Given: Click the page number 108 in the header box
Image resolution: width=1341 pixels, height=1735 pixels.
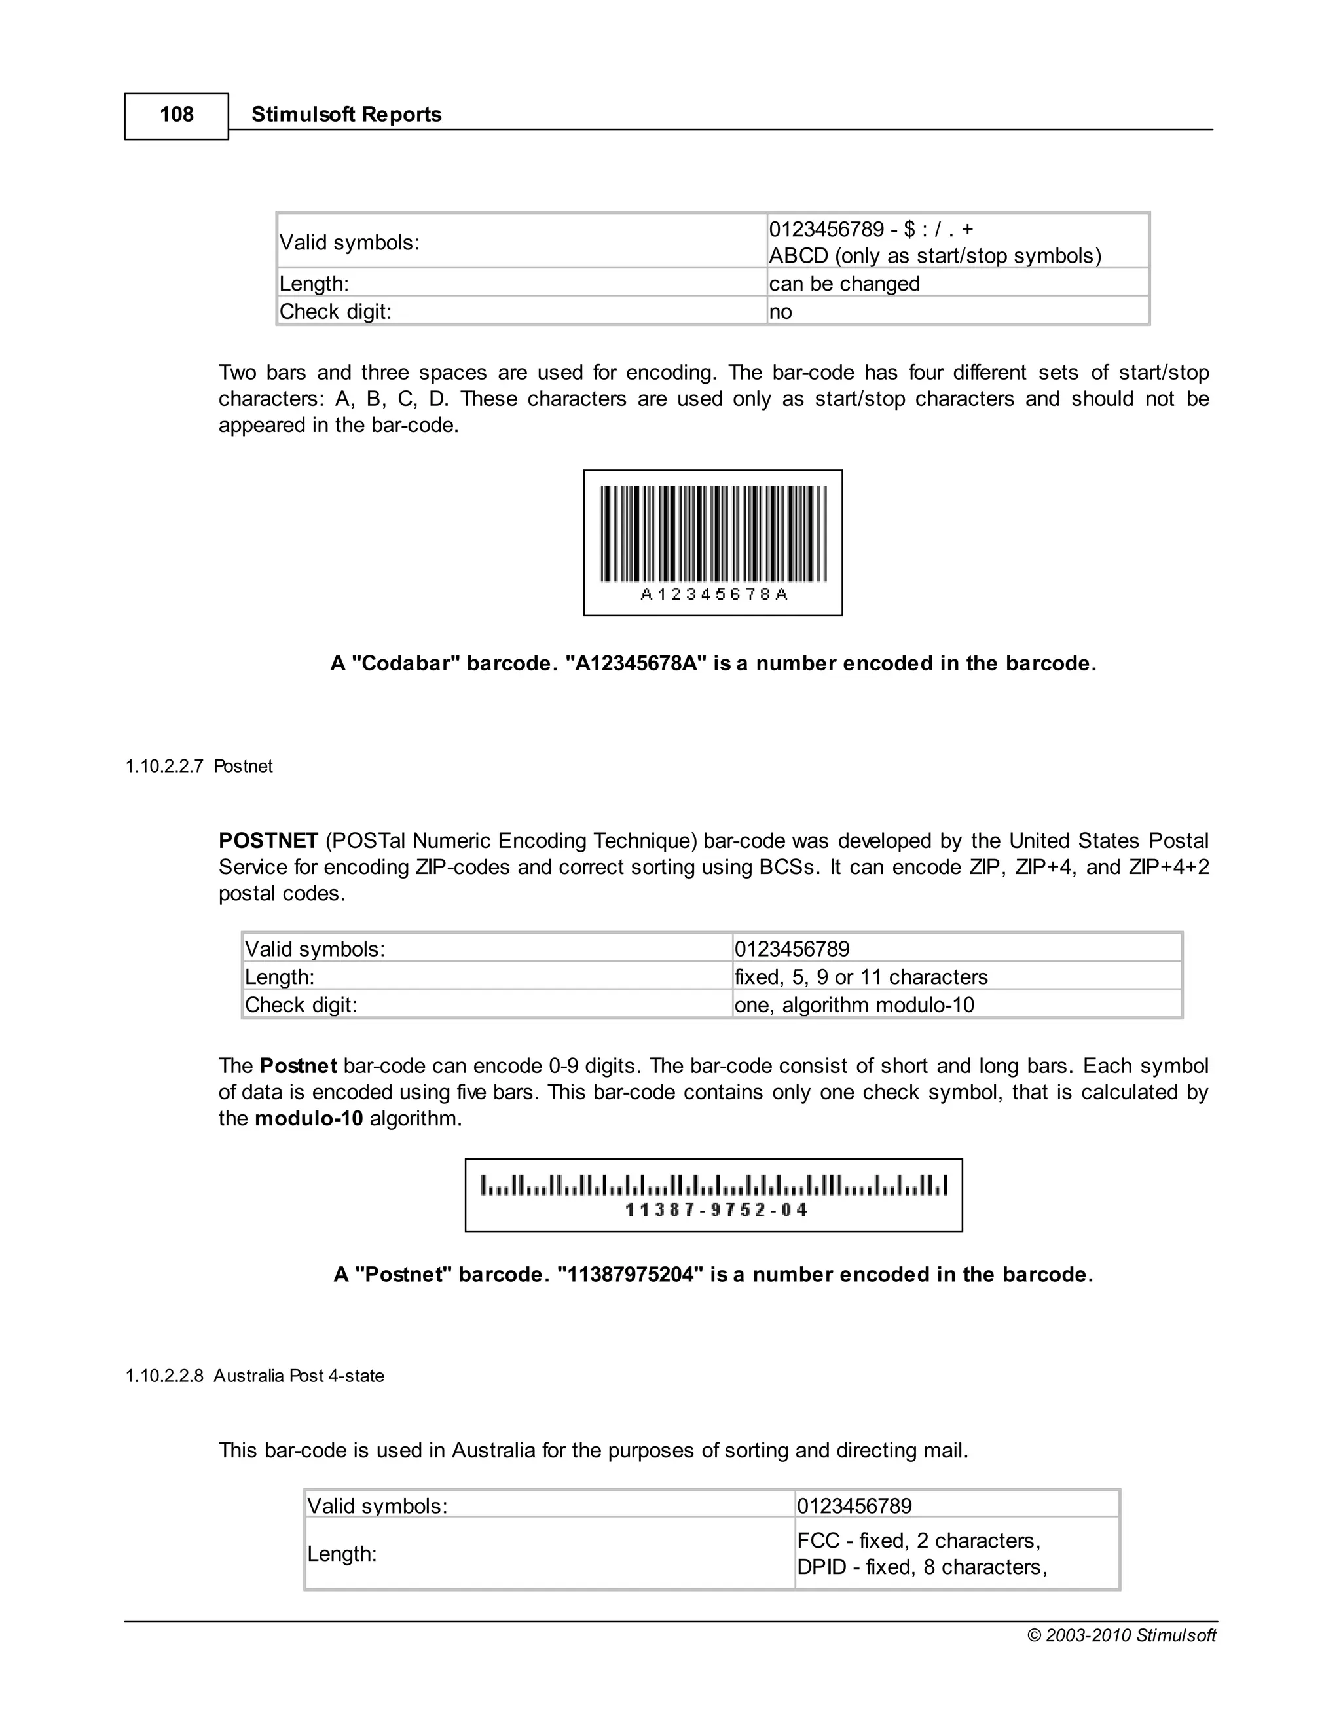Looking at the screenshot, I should tap(176, 115).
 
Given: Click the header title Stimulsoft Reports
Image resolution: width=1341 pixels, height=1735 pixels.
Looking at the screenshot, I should tap(346, 115).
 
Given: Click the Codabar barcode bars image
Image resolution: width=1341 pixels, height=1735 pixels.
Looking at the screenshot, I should tap(712, 533).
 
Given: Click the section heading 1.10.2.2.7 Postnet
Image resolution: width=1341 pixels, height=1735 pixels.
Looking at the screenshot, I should tap(198, 767).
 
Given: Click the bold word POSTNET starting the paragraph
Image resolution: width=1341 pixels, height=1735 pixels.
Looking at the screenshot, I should tap(268, 841).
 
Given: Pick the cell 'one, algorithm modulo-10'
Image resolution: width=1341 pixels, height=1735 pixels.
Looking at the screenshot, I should tap(853, 1005).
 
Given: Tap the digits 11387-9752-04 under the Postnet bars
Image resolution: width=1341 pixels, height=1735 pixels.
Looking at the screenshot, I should tap(716, 1210).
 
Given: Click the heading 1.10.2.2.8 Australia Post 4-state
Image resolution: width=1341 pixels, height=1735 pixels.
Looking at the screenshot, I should tap(254, 1376).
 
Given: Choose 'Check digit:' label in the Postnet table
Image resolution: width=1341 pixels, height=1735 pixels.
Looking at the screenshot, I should tap(301, 1005).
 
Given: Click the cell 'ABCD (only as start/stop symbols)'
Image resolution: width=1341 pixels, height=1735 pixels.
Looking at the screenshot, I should tap(934, 256).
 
